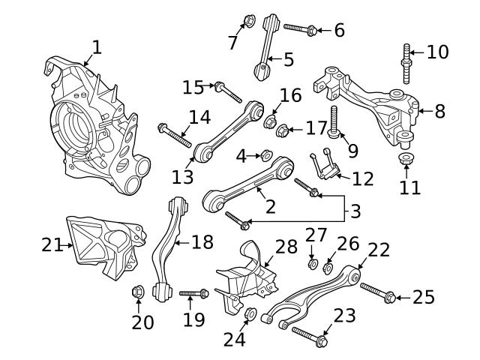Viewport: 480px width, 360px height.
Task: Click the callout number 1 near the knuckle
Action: [x=95, y=48]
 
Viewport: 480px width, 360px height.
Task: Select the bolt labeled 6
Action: [x=299, y=29]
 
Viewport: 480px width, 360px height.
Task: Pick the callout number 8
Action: [x=439, y=111]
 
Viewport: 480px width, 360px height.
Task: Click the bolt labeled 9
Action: [x=333, y=123]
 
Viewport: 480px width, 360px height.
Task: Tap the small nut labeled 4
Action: [x=265, y=155]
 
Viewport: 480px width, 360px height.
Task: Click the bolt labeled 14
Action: [x=174, y=136]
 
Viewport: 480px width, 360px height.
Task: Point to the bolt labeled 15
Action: [x=228, y=94]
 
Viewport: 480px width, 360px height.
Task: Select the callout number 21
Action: [x=51, y=244]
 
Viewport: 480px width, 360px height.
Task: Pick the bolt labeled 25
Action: [x=376, y=292]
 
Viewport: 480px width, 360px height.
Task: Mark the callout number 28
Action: [x=286, y=247]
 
